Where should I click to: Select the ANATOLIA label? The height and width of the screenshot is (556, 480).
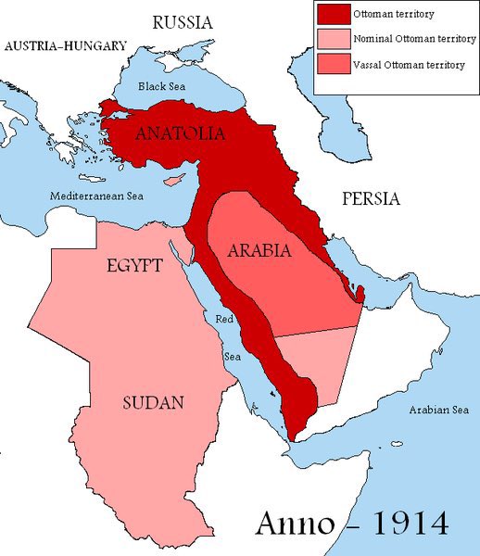coord(180,134)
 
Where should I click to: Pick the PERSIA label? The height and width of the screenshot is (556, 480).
coord(371,198)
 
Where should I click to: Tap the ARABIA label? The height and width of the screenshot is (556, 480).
coord(259,251)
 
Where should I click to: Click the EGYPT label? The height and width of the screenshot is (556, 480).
coord(135,266)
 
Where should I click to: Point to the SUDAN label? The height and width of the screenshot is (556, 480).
coord(153,402)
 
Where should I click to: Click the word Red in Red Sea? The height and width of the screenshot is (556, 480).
coord(224,320)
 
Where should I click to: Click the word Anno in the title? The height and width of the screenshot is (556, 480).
coord(287,523)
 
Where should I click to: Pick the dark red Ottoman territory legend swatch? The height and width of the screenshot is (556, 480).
coord(333,15)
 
